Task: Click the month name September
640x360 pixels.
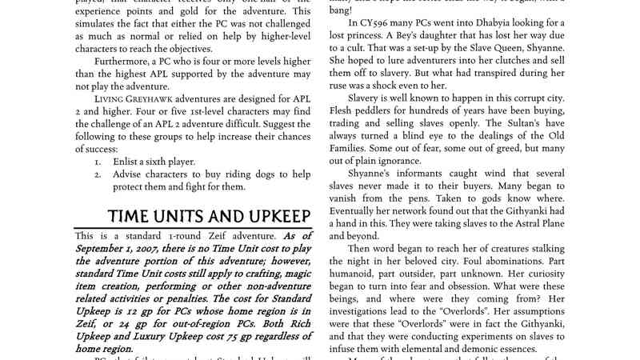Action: point(106,250)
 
